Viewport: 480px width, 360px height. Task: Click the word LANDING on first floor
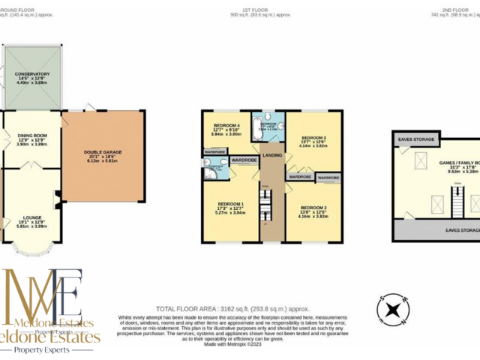click(273, 155)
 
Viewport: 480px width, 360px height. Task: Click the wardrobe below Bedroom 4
click(214, 151)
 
